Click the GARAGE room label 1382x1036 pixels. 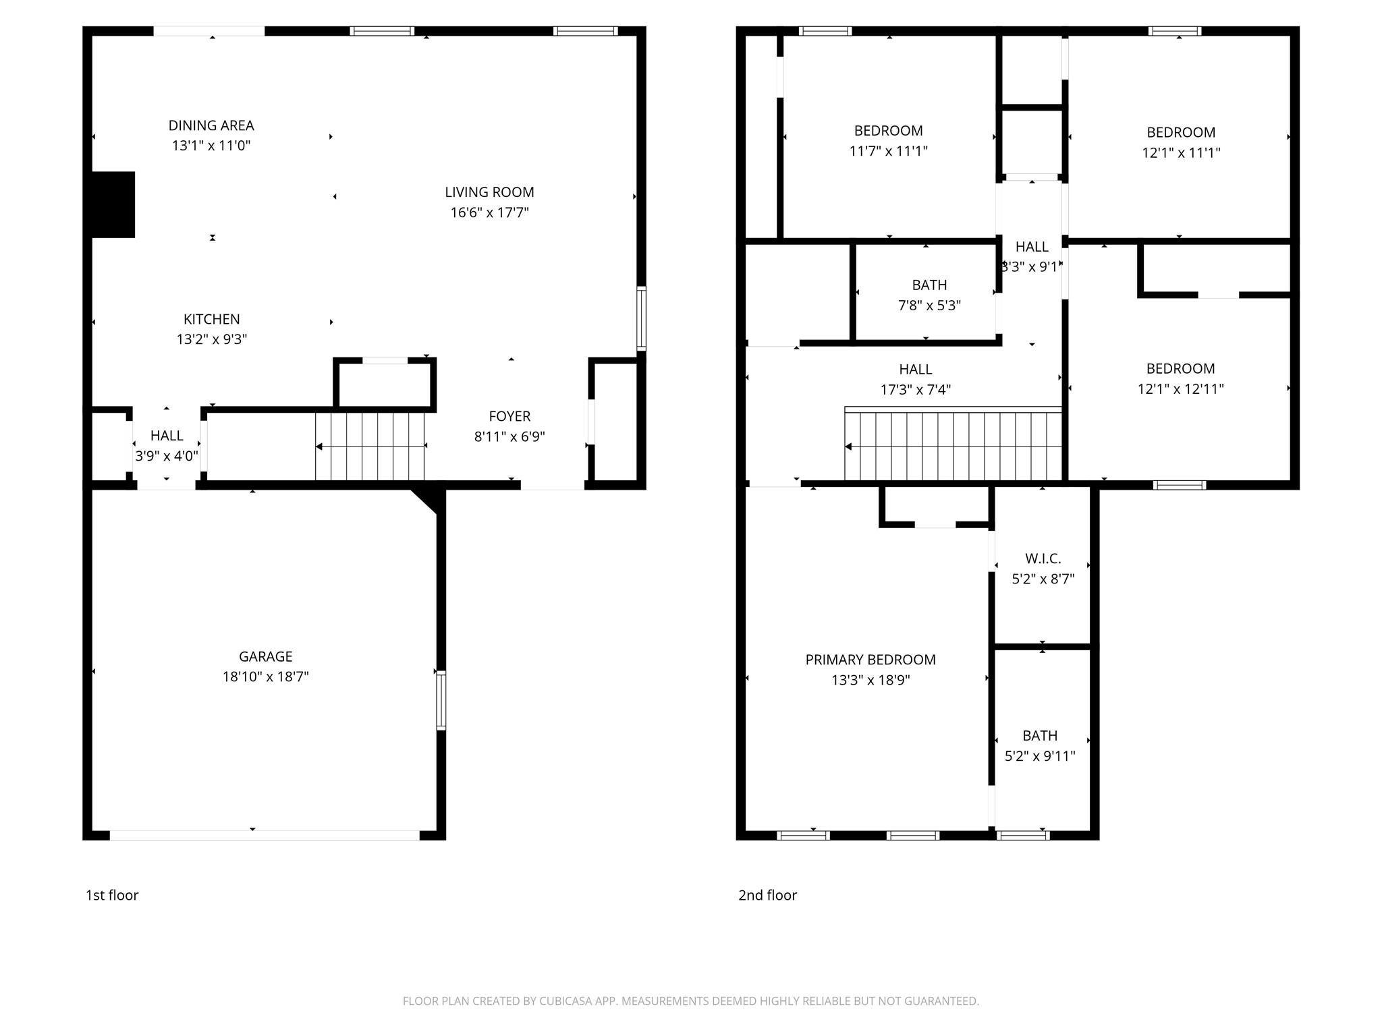point(265,656)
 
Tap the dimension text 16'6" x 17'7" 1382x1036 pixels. point(489,212)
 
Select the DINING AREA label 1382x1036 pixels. point(211,125)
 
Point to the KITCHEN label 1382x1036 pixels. point(211,319)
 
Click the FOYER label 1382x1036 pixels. point(509,416)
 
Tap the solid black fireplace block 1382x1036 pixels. point(113,204)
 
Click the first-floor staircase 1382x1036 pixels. point(370,446)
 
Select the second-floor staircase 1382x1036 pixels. point(953,446)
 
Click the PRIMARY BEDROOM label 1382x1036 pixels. point(870,660)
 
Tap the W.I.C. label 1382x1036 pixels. point(1043,558)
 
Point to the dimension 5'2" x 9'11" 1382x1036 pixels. point(1039,756)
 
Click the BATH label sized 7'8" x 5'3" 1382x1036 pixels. point(929,285)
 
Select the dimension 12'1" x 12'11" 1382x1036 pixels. point(1180,388)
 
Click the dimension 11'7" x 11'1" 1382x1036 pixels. point(888,151)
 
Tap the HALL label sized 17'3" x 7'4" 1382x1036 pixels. point(915,370)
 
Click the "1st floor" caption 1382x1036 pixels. point(112,895)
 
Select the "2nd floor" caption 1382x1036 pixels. point(767,895)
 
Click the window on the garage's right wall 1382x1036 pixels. point(441,700)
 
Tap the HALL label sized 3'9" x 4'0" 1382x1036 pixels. point(167,436)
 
